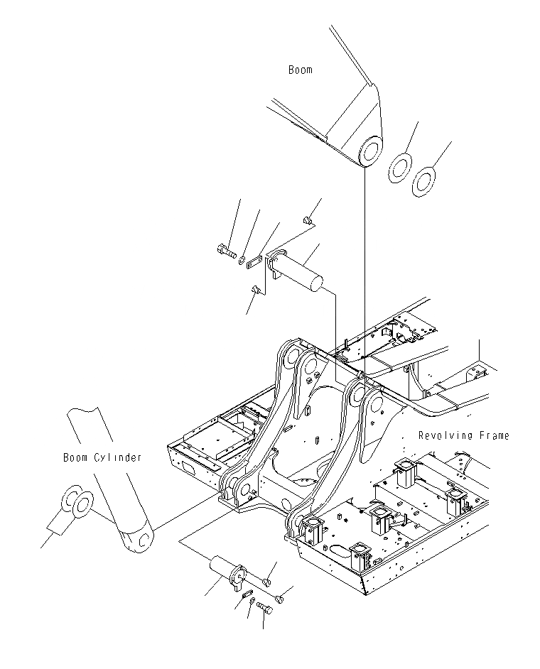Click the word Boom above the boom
point(300,70)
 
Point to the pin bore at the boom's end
point(369,152)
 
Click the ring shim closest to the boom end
point(399,168)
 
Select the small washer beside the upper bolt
point(243,260)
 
